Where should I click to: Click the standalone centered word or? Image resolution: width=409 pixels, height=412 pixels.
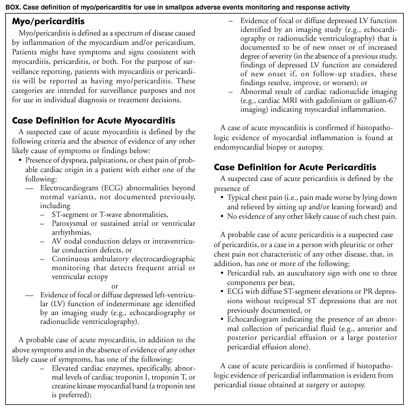(x=115, y=287)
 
